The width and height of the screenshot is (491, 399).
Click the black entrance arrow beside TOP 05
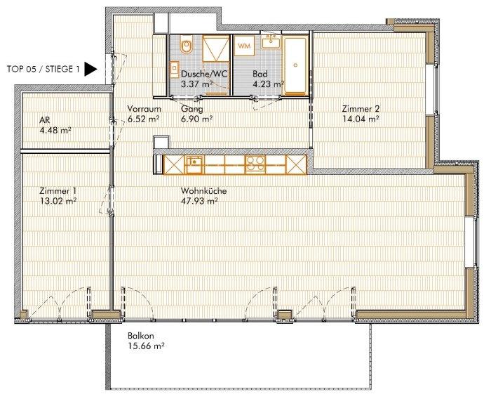(90, 69)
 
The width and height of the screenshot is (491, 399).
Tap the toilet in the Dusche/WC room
(186, 47)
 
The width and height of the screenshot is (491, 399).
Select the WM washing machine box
(244, 46)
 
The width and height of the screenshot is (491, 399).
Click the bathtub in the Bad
(295, 63)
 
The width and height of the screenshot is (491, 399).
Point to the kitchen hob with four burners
(255, 164)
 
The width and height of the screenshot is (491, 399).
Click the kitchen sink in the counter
(194, 164)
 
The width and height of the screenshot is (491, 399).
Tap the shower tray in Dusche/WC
(215, 51)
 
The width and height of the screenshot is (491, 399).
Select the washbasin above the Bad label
(269, 43)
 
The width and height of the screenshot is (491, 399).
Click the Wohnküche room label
(203, 190)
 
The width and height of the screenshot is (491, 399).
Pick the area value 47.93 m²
(199, 200)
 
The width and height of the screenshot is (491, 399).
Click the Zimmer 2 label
(360, 109)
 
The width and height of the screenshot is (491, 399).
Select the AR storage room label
(44, 120)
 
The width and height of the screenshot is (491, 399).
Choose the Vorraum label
(144, 110)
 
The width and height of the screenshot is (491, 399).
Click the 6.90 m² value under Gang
(196, 119)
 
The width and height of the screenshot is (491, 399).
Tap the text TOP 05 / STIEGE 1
(41, 69)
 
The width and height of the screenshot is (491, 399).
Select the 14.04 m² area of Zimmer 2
(361, 119)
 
